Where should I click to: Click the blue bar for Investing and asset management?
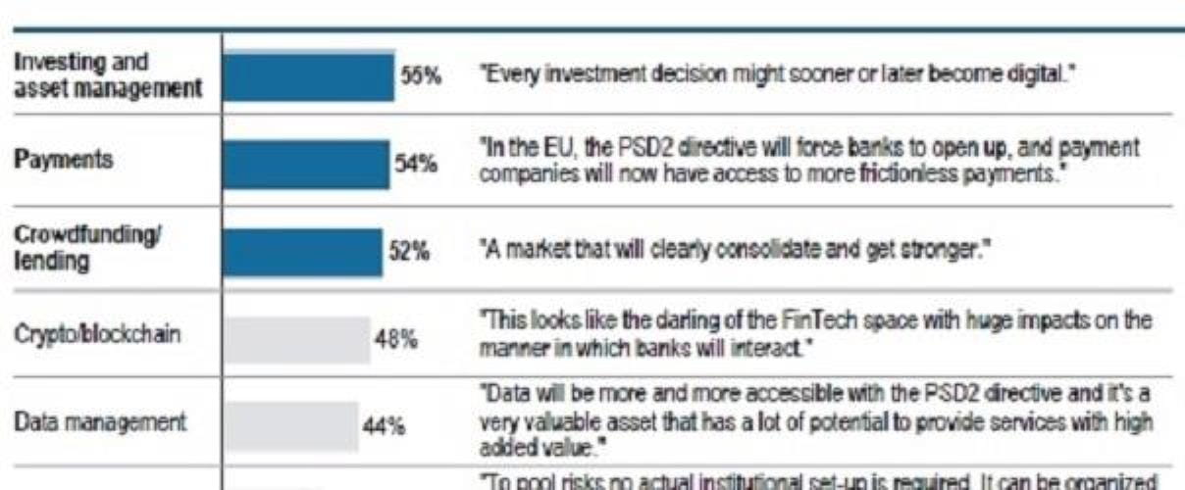click(309, 76)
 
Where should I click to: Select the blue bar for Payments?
click(306, 164)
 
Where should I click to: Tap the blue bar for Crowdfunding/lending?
click(302, 252)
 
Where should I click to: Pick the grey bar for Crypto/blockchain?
click(296, 339)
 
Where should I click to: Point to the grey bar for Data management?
click(290, 425)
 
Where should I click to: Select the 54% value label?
click(416, 164)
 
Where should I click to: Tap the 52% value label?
click(406, 252)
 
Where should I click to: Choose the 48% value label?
click(397, 339)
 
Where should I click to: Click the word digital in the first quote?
click(1042, 75)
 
